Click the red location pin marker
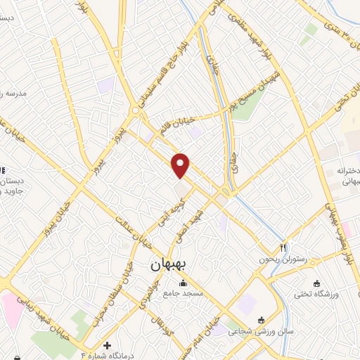click(x=181, y=165)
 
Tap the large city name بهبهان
click(x=169, y=266)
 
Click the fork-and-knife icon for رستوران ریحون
click(x=283, y=247)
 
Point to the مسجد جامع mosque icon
click(x=184, y=284)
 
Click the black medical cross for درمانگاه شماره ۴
click(x=107, y=345)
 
